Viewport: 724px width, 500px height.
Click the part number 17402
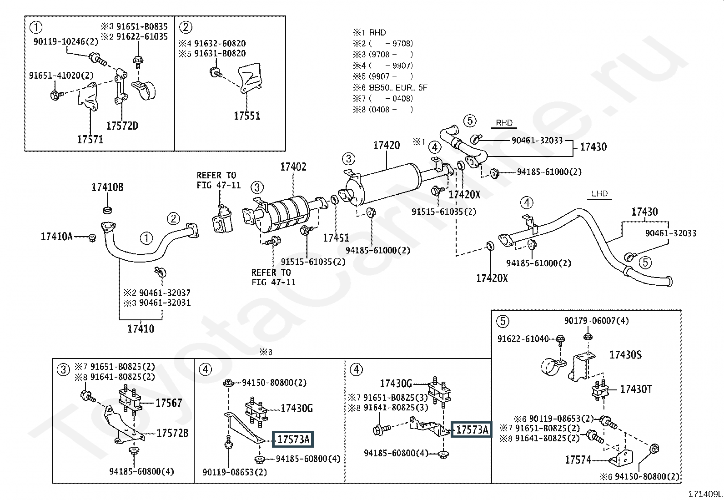point(293,167)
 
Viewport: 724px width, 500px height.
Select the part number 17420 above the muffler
point(387,146)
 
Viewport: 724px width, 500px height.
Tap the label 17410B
point(108,187)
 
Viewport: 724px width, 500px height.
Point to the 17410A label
point(56,237)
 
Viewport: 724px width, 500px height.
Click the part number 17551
point(247,116)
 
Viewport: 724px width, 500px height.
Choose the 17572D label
point(122,126)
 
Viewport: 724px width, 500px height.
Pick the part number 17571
point(90,139)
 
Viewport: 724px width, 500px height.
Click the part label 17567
point(169,403)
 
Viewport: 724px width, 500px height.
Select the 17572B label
point(173,433)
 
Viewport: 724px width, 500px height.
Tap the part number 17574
point(578,460)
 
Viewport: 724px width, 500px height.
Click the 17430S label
point(625,355)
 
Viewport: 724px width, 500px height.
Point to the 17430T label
point(636,389)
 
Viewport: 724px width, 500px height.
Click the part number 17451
point(336,238)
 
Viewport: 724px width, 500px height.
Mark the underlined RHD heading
point(504,123)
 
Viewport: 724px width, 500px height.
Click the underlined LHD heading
point(599,194)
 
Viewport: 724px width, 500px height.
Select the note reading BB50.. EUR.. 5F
point(398,88)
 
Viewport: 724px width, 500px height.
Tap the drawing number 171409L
point(705,494)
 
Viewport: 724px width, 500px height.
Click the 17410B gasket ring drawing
point(107,210)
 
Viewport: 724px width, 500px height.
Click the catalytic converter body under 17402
point(284,213)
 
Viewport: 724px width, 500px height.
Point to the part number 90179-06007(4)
point(596,321)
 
